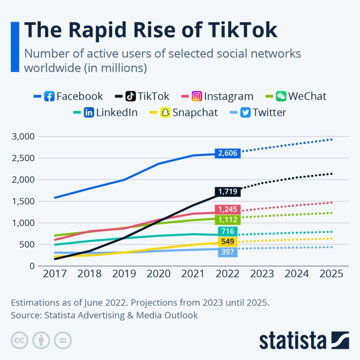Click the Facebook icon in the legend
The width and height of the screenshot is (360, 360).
(49, 96)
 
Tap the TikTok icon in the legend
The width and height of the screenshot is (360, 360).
(131, 96)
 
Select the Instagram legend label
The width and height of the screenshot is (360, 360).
(229, 96)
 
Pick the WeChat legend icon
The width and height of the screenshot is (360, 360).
(281, 96)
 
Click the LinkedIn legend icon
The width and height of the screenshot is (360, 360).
(89, 112)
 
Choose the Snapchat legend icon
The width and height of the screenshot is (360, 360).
(166, 112)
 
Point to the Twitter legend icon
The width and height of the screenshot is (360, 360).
(246, 112)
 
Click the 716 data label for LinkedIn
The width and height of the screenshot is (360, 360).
(228, 231)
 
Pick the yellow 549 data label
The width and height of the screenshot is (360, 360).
(228, 242)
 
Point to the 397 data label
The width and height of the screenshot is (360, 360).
(228, 252)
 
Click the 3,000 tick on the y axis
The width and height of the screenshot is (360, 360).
(24, 136)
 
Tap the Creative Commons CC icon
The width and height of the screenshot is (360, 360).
(19, 340)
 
